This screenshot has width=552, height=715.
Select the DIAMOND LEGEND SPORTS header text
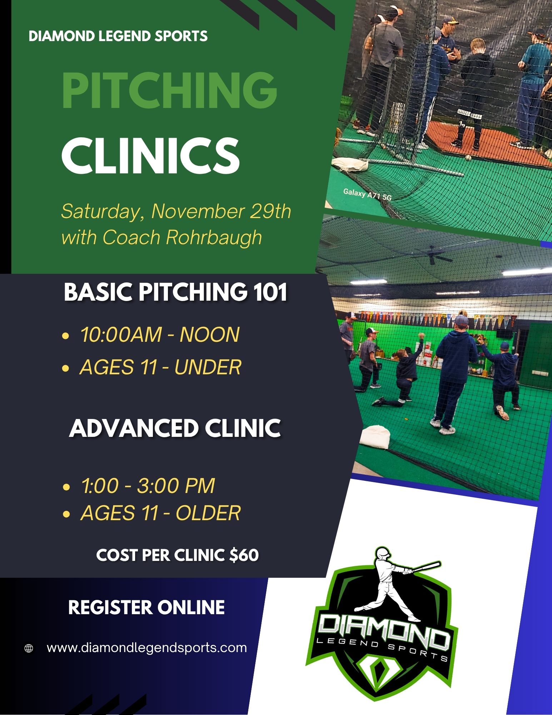coord(118,36)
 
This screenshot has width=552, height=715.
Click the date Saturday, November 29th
coord(176,211)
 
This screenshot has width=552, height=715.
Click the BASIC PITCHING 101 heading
coord(176,292)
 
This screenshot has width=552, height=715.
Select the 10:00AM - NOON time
coord(160,335)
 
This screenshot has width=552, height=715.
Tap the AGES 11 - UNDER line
coord(160,367)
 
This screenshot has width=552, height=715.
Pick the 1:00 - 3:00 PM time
coord(148,485)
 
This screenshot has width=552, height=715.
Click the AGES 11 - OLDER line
coord(160,513)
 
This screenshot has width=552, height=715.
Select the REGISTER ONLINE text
coord(146,607)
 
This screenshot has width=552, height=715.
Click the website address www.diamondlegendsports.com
coord(147,648)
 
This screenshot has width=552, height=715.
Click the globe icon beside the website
coord(29,648)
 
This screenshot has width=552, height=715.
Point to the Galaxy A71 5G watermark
coord(367,194)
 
